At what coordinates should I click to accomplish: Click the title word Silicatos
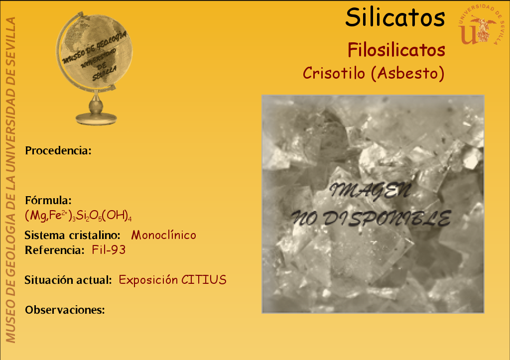pyautogui.click(x=395, y=17)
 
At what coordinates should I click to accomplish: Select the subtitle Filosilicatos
pyautogui.click(x=396, y=50)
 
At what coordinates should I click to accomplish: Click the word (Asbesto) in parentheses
pyautogui.click(x=407, y=73)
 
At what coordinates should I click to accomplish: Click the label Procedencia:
pyautogui.click(x=58, y=150)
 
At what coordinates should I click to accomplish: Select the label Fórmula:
pyautogui.click(x=48, y=200)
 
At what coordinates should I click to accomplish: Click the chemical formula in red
pyautogui.click(x=78, y=216)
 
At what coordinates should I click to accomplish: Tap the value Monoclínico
pyautogui.click(x=163, y=235)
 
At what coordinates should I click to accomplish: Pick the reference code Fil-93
pyautogui.click(x=109, y=250)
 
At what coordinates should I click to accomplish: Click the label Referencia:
pyautogui.click(x=55, y=250)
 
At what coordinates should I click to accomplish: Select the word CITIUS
pyautogui.click(x=204, y=280)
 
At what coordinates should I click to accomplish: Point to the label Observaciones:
pyautogui.click(x=65, y=310)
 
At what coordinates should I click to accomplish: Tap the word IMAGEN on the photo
pyautogui.click(x=370, y=190)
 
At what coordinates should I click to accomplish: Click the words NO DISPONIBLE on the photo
pyautogui.click(x=371, y=218)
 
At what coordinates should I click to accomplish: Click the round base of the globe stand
pyautogui.click(x=96, y=119)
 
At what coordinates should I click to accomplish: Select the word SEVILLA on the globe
pyautogui.click(x=104, y=74)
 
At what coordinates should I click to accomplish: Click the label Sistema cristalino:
pyautogui.click(x=73, y=235)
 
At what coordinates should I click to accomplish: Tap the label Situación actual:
pyautogui.click(x=68, y=280)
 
